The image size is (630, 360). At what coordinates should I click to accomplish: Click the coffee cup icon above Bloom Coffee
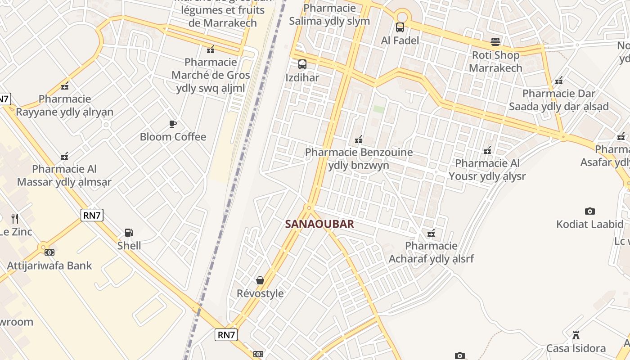[x=172, y=124]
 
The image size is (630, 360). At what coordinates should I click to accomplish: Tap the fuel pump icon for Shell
[x=129, y=233]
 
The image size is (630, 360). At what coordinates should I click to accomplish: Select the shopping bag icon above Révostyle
[x=260, y=280]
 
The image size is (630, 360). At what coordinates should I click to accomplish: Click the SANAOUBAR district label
[x=319, y=224]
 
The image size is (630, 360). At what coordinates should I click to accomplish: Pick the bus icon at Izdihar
[x=302, y=64]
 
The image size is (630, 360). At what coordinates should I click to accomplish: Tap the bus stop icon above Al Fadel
[x=400, y=27]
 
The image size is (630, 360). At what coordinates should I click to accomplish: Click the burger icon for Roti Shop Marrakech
[x=495, y=42]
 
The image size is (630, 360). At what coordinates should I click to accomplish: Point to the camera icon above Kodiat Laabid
[x=589, y=211]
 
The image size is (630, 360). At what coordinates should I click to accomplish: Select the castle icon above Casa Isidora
[x=576, y=335]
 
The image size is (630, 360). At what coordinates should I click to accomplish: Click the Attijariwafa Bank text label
[x=49, y=265]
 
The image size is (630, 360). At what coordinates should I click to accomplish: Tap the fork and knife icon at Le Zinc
[x=15, y=219]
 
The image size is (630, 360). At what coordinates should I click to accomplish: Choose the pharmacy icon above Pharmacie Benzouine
[x=359, y=139]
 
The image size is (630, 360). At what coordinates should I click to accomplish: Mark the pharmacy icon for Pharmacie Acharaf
[x=431, y=233]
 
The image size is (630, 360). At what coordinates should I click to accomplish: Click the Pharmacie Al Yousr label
[x=487, y=170]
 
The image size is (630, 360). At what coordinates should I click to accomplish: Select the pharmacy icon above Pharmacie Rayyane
[x=65, y=86]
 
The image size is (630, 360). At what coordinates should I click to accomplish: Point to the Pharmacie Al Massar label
[x=64, y=175]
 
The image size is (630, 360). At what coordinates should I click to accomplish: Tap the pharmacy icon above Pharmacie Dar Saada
[x=559, y=81]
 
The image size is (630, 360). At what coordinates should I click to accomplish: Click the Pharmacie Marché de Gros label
[x=211, y=75]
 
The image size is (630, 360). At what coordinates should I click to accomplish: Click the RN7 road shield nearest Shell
[x=92, y=215]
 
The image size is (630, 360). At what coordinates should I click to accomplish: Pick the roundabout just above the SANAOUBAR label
[x=309, y=207]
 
